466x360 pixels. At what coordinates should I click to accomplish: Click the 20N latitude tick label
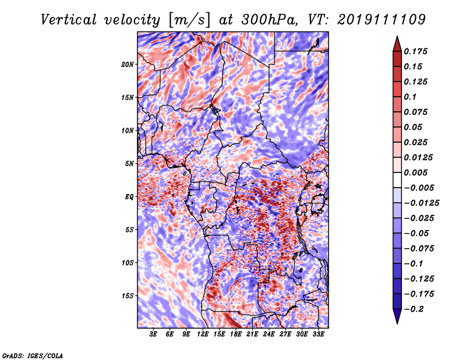pyautogui.click(x=127, y=65)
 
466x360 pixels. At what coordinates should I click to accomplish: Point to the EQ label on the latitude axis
pyautogui.click(x=129, y=197)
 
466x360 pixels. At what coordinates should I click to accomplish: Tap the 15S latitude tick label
pyautogui.click(x=128, y=296)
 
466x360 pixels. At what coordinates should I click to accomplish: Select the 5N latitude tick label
pyautogui.click(x=129, y=164)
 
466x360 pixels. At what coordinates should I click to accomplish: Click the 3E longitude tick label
pyautogui.click(x=153, y=334)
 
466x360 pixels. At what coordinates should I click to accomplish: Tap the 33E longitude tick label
pyautogui.click(x=318, y=334)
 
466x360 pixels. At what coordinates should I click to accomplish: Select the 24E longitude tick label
pyautogui.click(x=269, y=334)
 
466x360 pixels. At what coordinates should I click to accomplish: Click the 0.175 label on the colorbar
pyautogui.click(x=415, y=51)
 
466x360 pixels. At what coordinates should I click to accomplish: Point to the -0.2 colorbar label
pyautogui.click(x=414, y=309)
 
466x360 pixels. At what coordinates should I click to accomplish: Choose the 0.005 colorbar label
pyautogui.click(x=415, y=172)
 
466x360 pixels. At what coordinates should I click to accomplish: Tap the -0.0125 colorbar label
pyautogui.click(x=421, y=203)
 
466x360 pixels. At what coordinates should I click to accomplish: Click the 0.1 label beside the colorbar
pyautogui.click(x=410, y=97)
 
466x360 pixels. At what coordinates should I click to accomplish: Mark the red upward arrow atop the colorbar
pyautogui.click(x=397, y=44)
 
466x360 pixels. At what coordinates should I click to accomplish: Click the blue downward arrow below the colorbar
pyautogui.click(x=397, y=316)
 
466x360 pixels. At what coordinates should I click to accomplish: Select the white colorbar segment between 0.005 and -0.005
pyautogui.click(x=397, y=180)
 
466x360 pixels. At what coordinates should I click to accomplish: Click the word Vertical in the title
pyautogui.click(x=68, y=20)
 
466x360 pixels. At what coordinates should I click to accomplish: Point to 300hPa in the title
pyautogui.click(x=269, y=20)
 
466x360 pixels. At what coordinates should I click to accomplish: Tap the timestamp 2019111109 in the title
pyautogui.click(x=382, y=20)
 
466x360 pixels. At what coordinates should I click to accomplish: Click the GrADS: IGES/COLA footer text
pyautogui.click(x=33, y=355)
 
